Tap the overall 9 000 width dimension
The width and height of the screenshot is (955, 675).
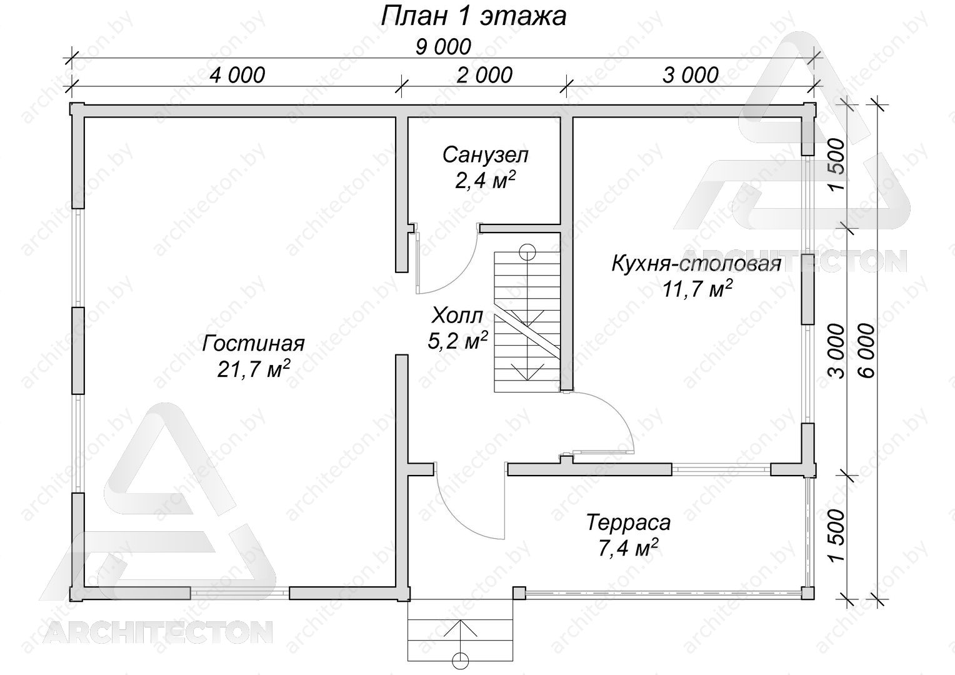443,47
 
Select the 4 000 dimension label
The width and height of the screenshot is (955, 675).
237,75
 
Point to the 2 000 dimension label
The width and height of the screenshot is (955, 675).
484,76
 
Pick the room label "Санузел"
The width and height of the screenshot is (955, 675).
485,155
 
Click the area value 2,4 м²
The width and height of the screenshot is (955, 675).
485,181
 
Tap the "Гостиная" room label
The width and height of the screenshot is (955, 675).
253,344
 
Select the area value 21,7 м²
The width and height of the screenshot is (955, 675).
253,368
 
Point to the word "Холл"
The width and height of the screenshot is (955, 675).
457,316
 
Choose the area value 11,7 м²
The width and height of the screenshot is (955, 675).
697,289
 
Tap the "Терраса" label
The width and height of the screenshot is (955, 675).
628,522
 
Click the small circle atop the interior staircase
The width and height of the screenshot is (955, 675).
527,252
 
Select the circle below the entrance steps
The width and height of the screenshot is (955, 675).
461,660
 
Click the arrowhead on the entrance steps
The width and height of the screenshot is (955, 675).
461,628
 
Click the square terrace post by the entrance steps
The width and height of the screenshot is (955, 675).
518,594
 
